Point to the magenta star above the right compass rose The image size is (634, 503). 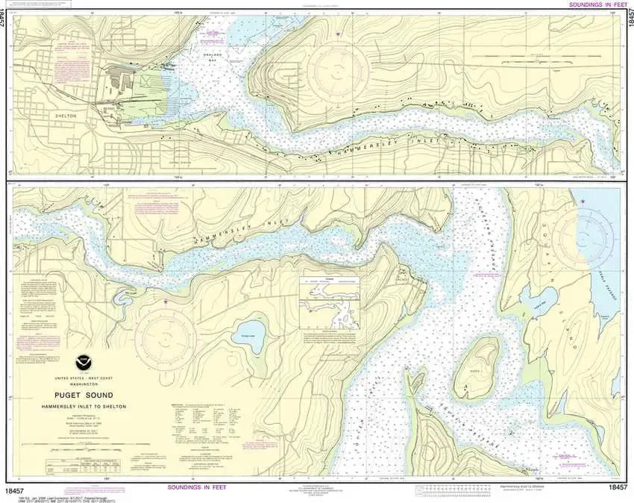coord(583,201)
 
